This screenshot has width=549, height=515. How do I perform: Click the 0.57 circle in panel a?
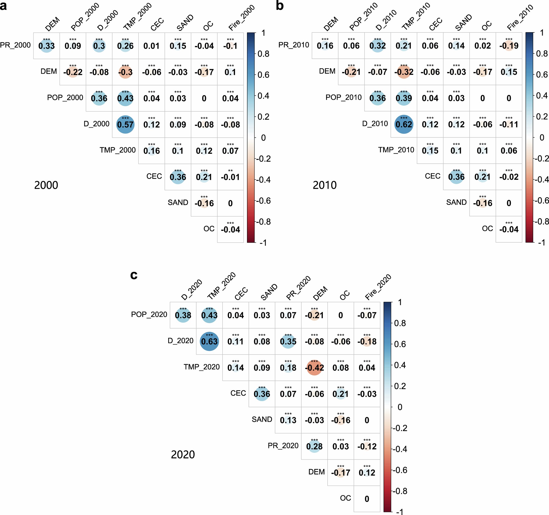[125, 124]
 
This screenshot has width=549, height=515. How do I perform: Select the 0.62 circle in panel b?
[404, 124]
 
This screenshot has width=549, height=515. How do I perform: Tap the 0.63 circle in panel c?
[209, 341]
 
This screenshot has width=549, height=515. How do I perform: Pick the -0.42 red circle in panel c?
[314, 367]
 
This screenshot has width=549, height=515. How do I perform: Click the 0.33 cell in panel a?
[47, 46]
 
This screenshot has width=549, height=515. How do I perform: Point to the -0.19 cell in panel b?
[509, 46]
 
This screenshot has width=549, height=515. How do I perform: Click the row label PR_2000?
[15, 45]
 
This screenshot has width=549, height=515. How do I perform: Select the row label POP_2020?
[149, 314]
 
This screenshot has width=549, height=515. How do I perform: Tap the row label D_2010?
[375, 123]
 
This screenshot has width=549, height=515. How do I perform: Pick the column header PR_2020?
[298, 288]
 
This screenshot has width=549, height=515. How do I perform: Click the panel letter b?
[280, 6]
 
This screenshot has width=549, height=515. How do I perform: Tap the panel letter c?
[134, 275]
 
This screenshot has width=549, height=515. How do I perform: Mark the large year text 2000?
[46, 185]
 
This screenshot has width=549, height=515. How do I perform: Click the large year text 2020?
[183, 455]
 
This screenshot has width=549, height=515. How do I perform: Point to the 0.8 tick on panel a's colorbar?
[263, 54]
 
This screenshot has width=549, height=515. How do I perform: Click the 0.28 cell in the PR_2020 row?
[314, 446]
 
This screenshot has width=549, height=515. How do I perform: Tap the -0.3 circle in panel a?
[125, 72]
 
